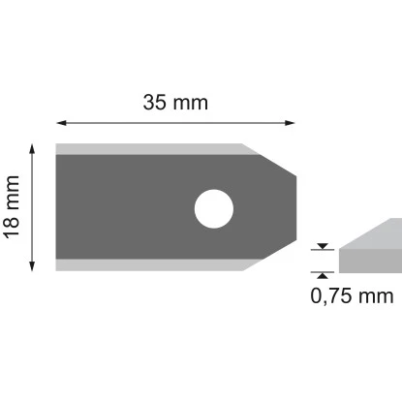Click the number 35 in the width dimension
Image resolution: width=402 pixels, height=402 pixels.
154,102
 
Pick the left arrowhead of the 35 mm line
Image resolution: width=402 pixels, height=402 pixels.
60,123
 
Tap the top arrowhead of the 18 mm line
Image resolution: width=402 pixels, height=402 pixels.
34,147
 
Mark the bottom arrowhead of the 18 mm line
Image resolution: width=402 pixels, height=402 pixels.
34,266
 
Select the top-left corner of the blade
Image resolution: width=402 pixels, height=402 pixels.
57,145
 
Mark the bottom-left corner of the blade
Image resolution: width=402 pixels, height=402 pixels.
57,269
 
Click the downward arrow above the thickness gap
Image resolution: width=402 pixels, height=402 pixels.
322,246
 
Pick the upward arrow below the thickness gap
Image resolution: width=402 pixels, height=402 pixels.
322,276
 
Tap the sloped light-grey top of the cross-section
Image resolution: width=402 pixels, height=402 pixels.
373,233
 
